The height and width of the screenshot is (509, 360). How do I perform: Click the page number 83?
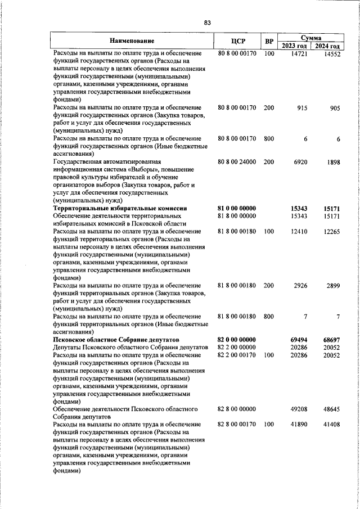[207, 22]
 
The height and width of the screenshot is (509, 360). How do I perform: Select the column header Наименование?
[132, 42]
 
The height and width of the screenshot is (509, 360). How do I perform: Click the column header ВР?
[269, 42]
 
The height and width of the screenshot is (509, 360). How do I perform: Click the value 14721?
[299, 54]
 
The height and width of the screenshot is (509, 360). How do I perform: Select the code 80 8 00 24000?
[237, 162]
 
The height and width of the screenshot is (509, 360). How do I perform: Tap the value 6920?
[300, 162]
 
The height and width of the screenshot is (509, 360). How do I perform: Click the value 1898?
[332, 162]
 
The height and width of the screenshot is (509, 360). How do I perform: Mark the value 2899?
[332, 286]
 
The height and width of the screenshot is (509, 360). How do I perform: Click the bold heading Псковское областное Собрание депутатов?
[115, 340]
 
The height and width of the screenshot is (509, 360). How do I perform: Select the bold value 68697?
[331, 340]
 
